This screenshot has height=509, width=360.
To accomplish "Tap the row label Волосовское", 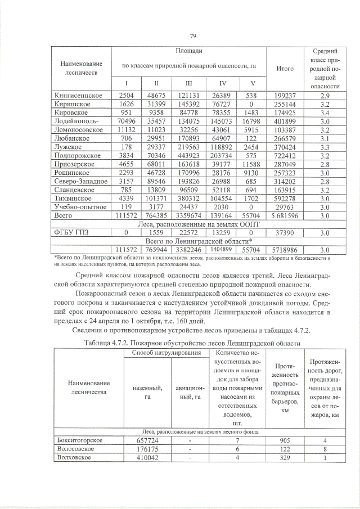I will coord(73,449).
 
